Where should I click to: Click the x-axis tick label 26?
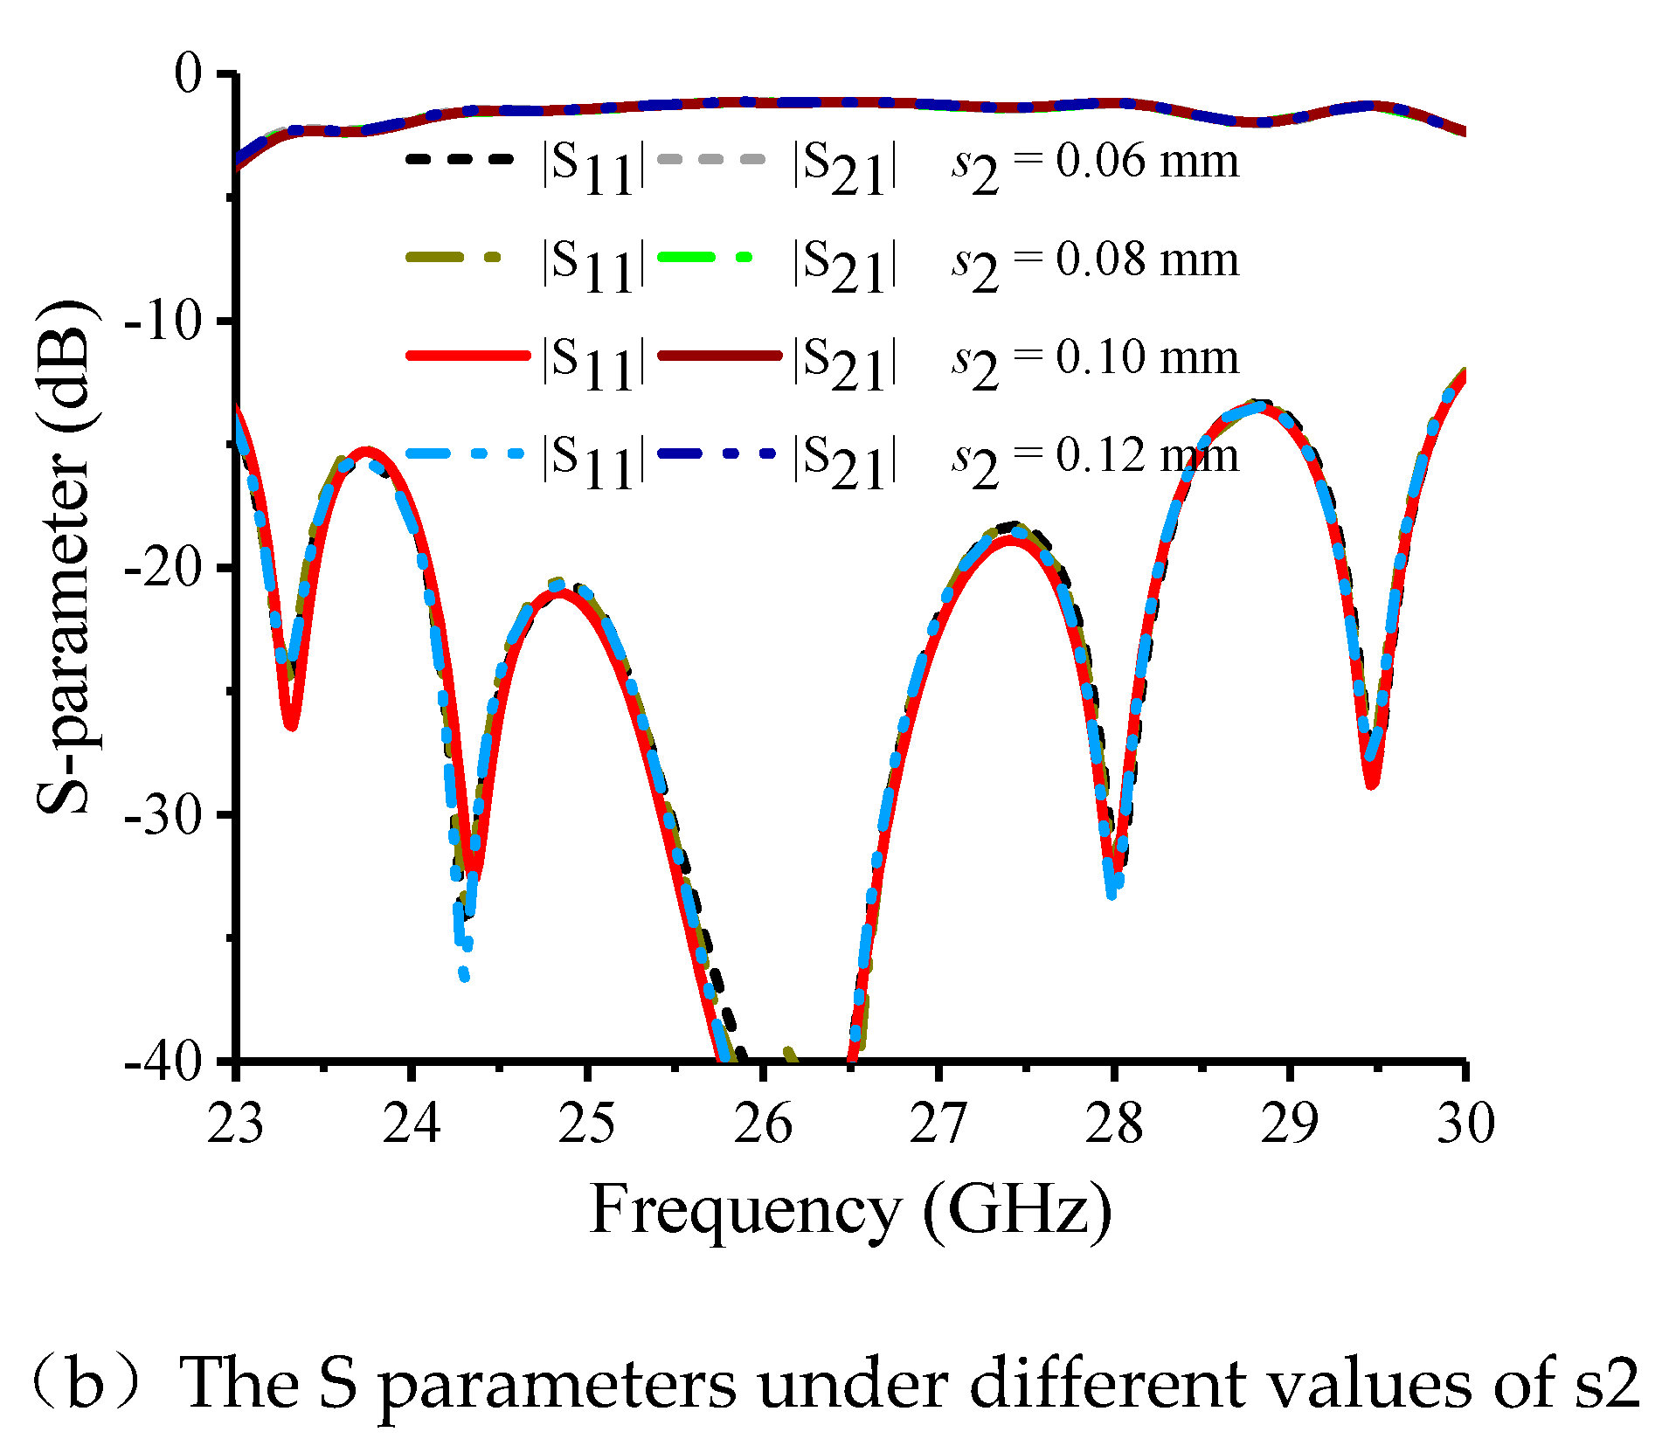pyautogui.click(x=763, y=1124)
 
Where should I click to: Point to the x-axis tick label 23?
pyautogui.click(x=235, y=1124)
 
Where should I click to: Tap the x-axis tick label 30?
pyautogui.click(x=1465, y=1124)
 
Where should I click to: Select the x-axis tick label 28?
pyautogui.click(x=1114, y=1124)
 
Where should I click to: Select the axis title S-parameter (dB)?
pyautogui.click(x=66, y=559)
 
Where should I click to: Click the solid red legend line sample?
pyautogui.click(x=467, y=356)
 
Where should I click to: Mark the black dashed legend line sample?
pyautogui.click(x=459, y=159)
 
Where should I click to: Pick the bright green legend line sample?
pyautogui.click(x=703, y=257)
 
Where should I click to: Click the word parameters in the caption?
pyautogui.click(x=557, y=1387)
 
